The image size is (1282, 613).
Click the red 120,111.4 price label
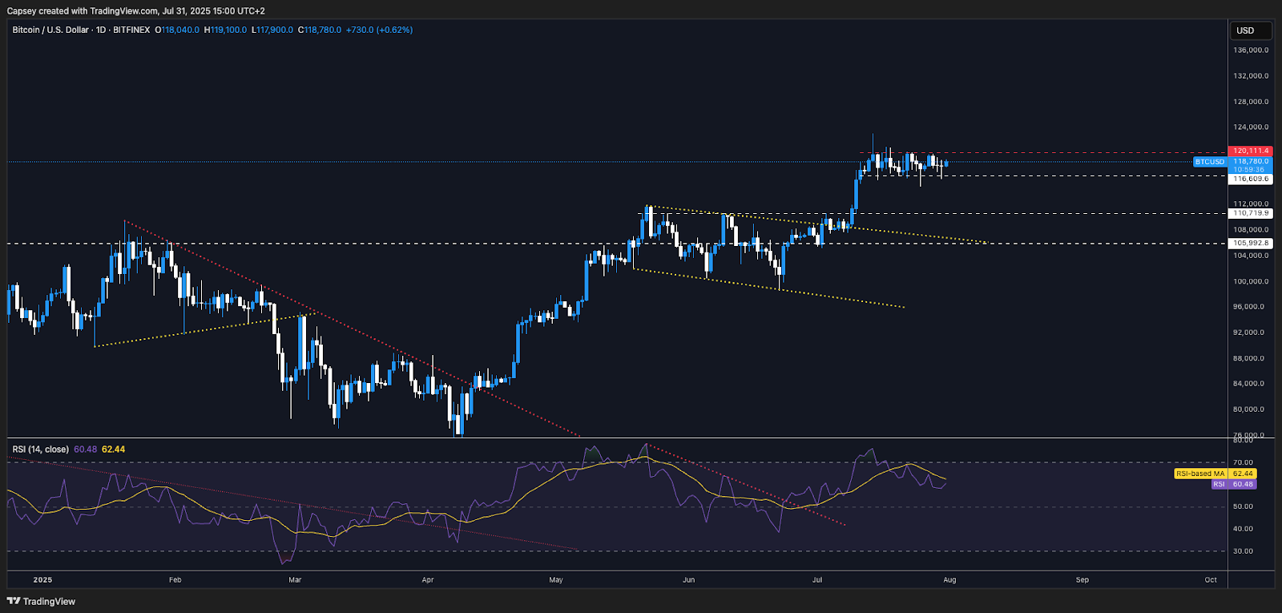[x=1251, y=151]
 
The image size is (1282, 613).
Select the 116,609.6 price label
[x=1251, y=179]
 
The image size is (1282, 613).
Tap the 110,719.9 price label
[x=1251, y=213]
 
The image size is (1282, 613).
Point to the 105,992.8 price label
[x=1251, y=243]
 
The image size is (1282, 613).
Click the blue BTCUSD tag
[x=1209, y=162]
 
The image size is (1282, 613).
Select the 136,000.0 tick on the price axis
[x=1251, y=50]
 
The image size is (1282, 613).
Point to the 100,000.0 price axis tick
[x=1251, y=281]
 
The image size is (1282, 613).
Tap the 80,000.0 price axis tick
[x=1251, y=409]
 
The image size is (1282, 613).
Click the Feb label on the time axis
[x=175, y=579]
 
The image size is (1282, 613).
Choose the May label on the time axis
[x=556, y=579]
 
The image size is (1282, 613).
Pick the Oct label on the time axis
[x=1211, y=579]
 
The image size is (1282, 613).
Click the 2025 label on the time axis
[x=42, y=579]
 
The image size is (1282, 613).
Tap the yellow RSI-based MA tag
[x=1199, y=474]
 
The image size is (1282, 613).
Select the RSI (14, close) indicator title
[x=40, y=450]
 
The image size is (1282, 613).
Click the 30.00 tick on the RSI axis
[x=1243, y=551]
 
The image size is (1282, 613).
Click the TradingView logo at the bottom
[x=42, y=601]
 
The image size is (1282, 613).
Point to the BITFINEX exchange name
[x=131, y=30]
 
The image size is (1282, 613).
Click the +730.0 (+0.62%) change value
[x=379, y=30]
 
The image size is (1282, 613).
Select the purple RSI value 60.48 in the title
[x=85, y=450]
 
